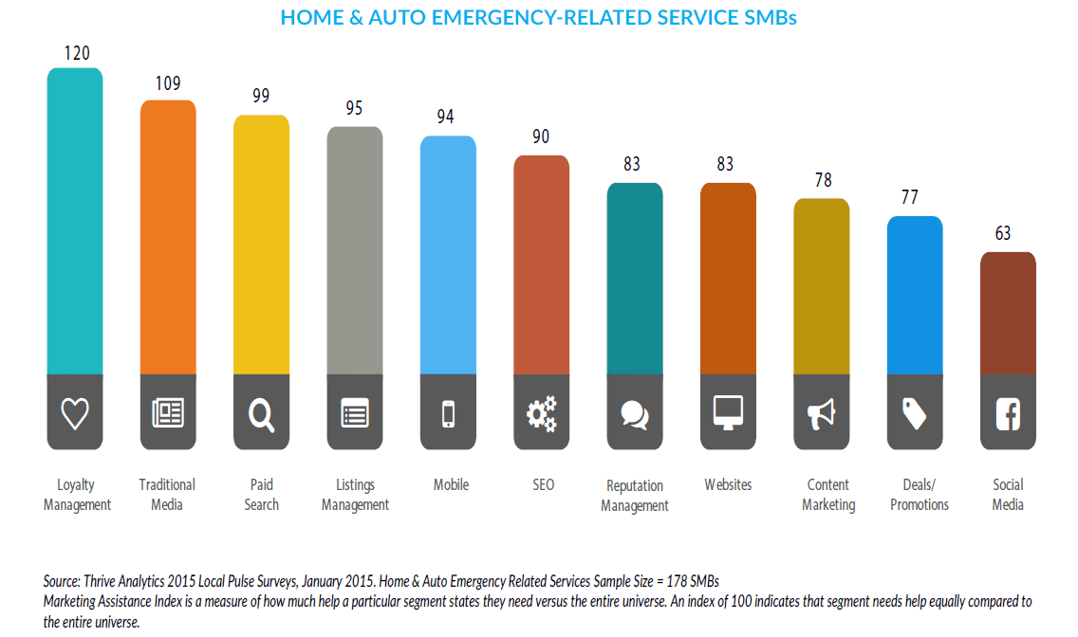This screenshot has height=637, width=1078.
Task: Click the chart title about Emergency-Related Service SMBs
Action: pyautogui.click(x=538, y=18)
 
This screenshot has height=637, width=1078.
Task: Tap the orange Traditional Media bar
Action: pyautogui.click(x=168, y=237)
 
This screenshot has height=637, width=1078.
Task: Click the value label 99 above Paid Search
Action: pyautogui.click(x=261, y=96)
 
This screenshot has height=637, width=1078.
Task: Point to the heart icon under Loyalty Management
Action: pyautogui.click(x=75, y=413)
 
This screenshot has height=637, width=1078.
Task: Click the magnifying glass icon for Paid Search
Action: pyautogui.click(x=261, y=414)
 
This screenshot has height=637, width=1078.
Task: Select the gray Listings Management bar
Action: pyautogui.click(x=355, y=250)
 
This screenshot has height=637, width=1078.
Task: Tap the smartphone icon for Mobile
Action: pyautogui.click(x=448, y=413)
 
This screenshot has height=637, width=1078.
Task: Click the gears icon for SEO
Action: pyautogui.click(x=541, y=413)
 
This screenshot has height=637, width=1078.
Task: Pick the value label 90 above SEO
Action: pyautogui.click(x=541, y=136)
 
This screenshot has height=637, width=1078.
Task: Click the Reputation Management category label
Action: pyautogui.click(x=635, y=495)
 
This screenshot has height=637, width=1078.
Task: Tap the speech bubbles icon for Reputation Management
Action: pyautogui.click(x=635, y=414)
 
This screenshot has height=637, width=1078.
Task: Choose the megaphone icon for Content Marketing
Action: pyautogui.click(x=821, y=413)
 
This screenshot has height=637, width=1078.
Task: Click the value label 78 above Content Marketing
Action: pyautogui.click(x=821, y=180)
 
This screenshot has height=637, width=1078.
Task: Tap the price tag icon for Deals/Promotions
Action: pyautogui.click(x=915, y=413)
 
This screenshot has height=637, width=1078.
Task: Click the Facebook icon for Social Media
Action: pyautogui.click(x=1008, y=414)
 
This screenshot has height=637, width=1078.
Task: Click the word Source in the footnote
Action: pyautogui.click(x=61, y=580)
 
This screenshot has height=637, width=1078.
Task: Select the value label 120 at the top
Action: pyautogui.click(x=77, y=52)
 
